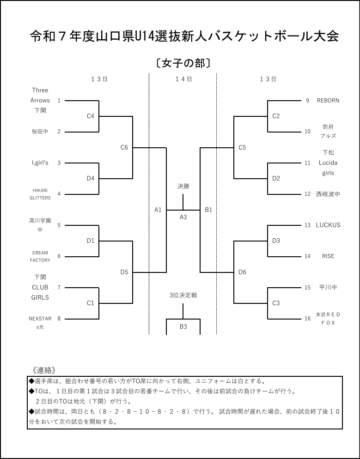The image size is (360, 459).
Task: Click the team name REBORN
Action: pyautogui.click(x=328, y=100)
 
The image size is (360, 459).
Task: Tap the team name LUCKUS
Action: pyautogui.click(x=328, y=225)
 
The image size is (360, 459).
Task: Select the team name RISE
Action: pyautogui.click(x=328, y=256)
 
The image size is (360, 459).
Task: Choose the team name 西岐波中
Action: pyautogui.click(x=328, y=194)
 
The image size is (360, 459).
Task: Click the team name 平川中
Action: pyautogui.click(x=328, y=287)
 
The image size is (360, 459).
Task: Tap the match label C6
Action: pyautogui.click(x=124, y=148)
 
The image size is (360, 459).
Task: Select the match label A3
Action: pyautogui.click(x=183, y=217)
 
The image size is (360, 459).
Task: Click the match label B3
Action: pyautogui.click(x=183, y=326)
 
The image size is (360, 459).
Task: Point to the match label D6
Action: pyautogui.click(x=242, y=272)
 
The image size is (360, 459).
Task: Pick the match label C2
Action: pyautogui.click(x=276, y=116)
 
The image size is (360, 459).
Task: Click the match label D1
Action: pyautogui.click(x=91, y=241)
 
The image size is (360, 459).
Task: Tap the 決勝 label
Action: pyautogui.click(x=183, y=187)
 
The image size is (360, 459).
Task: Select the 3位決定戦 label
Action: pyautogui.click(x=183, y=295)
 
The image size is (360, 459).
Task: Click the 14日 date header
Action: pyautogui.click(x=183, y=79)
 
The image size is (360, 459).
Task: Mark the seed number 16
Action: pyautogui.click(x=307, y=319)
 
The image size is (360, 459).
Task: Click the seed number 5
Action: pyautogui.click(x=59, y=225)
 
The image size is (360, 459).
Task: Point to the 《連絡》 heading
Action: pyautogui.click(x=44, y=370)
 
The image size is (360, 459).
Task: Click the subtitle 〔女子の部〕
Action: pyautogui.click(x=183, y=63)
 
